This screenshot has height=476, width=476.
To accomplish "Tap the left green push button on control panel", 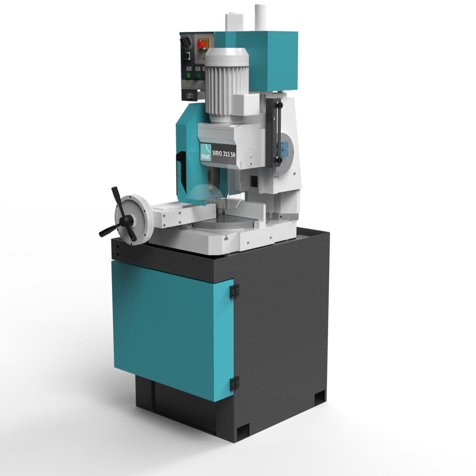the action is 189,75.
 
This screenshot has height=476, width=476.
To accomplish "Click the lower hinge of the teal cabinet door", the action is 234,383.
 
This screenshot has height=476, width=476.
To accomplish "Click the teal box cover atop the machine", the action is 267,61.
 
